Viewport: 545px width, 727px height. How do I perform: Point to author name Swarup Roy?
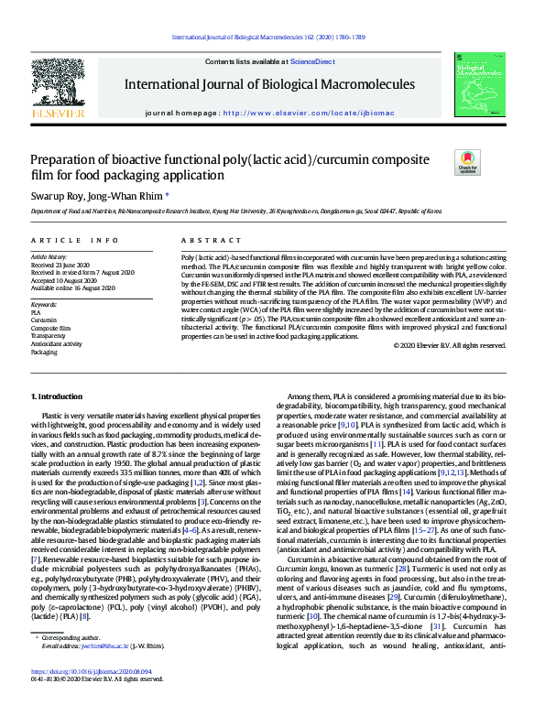point(59,195)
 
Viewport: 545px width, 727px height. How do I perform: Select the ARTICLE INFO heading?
point(75,240)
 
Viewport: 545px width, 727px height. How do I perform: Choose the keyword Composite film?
point(51,327)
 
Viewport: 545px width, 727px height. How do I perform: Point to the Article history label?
point(49,257)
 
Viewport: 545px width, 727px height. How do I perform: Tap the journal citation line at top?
point(271,38)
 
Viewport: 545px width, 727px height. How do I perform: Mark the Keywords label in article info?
point(45,302)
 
